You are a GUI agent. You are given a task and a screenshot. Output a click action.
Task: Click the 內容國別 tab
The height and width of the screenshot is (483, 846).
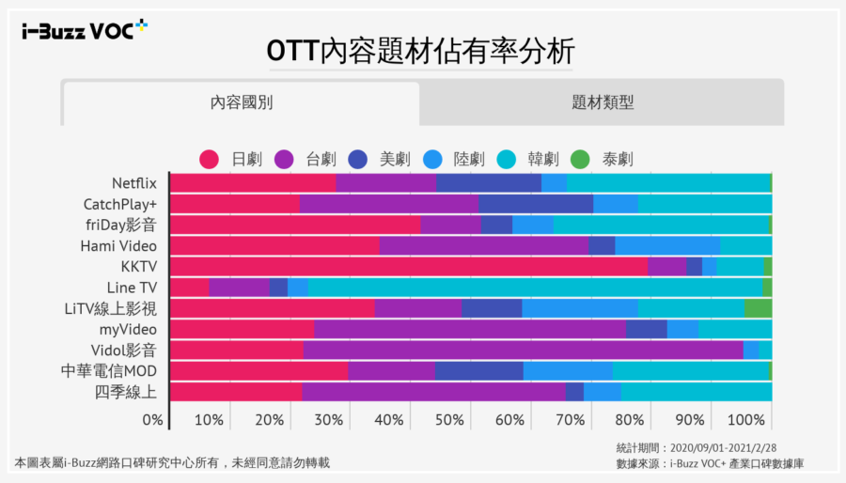point(241,103)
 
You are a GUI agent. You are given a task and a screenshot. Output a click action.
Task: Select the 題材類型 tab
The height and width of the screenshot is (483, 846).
point(602,103)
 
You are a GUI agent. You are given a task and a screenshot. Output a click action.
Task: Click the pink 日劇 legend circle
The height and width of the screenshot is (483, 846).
point(210,159)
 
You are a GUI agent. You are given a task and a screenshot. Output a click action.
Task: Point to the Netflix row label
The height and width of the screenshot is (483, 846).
point(133,182)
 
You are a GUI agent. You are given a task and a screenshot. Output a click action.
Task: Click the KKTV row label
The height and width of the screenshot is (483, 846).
point(138,266)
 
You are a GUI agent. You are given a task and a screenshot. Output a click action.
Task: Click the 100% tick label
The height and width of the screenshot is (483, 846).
point(746,419)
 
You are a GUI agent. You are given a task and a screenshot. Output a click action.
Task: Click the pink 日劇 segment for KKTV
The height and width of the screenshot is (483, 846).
point(409,266)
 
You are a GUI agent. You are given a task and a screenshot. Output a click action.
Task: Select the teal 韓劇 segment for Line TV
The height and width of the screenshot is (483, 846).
point(535,287)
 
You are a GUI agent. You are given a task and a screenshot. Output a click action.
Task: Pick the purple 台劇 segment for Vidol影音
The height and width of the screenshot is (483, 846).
point(523,350)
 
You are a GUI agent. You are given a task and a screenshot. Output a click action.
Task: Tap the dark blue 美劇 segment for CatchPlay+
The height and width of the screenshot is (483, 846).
point(536,204)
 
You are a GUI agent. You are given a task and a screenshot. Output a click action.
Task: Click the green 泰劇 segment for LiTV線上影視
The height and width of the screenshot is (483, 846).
point(758,308)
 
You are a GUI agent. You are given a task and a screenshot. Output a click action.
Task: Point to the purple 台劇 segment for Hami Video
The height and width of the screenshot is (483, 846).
point(483,245)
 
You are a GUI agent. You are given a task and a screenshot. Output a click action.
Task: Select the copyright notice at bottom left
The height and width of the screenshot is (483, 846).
point(172,462)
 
